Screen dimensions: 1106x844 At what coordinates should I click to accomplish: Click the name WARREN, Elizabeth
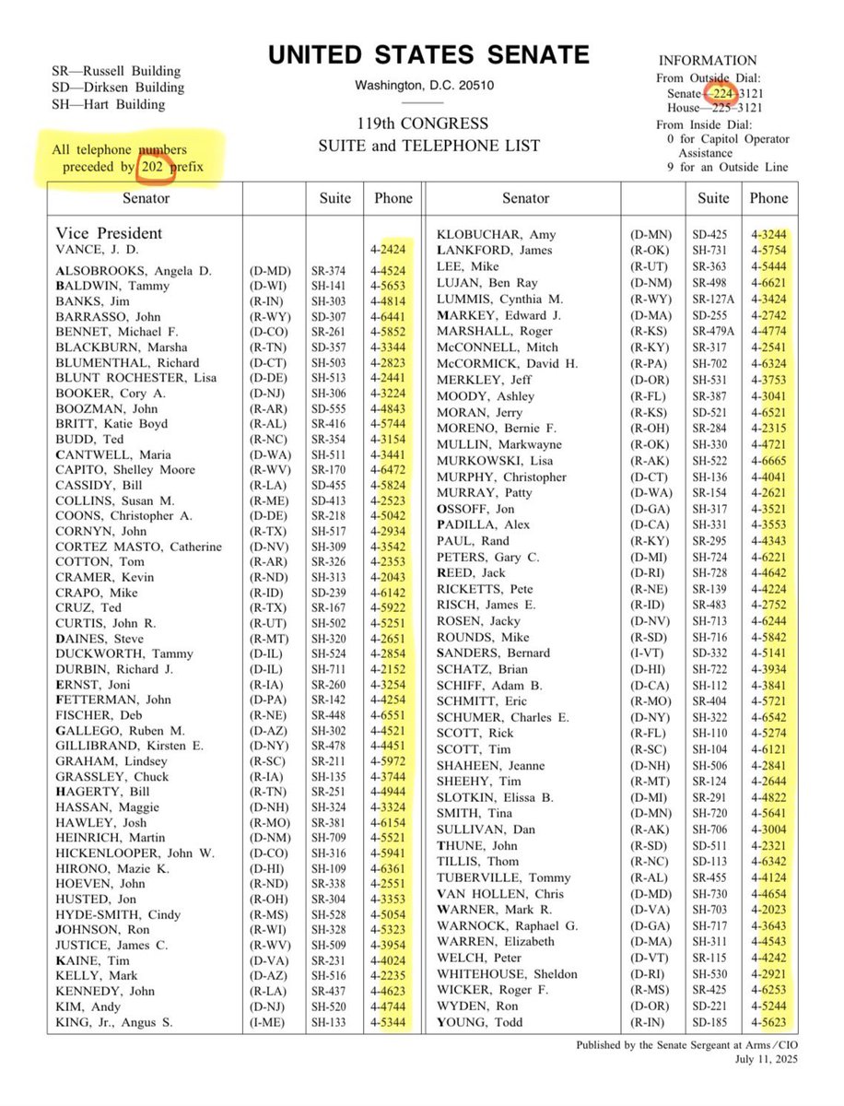[x=496, y=941]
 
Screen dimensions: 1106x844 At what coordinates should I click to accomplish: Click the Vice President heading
[x=109, y=233]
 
